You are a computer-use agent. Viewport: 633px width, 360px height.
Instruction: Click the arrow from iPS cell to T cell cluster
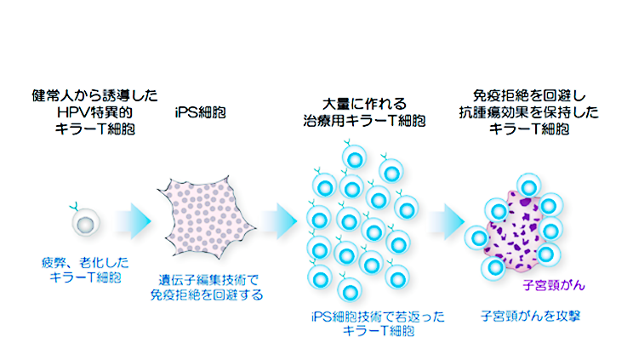tap(277, 221)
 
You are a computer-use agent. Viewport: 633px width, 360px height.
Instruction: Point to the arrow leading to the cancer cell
tap(443, 220)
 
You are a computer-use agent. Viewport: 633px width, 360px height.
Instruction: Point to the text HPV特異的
tap(94, 111)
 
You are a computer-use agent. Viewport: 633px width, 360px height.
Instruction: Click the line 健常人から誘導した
tap(94, 94)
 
